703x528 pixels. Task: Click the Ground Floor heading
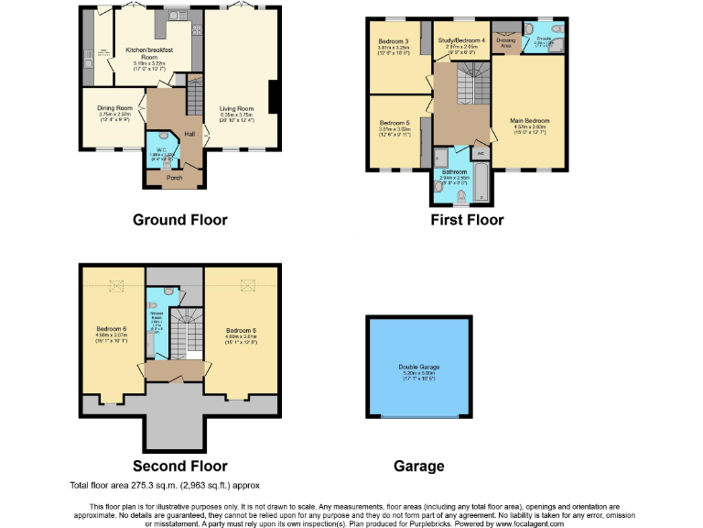pos(179,220)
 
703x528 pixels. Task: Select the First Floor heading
pos(467,220)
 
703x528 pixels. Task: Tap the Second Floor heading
pos(179,466)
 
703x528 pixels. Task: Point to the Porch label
pos(175,178)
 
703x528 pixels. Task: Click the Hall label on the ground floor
pos(190,135)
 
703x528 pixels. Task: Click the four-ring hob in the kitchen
pos(175,16)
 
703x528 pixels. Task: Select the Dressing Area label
pos(505,42)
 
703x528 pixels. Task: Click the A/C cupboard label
pos(481,154)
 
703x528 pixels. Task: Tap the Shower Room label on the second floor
pos(157,322)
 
